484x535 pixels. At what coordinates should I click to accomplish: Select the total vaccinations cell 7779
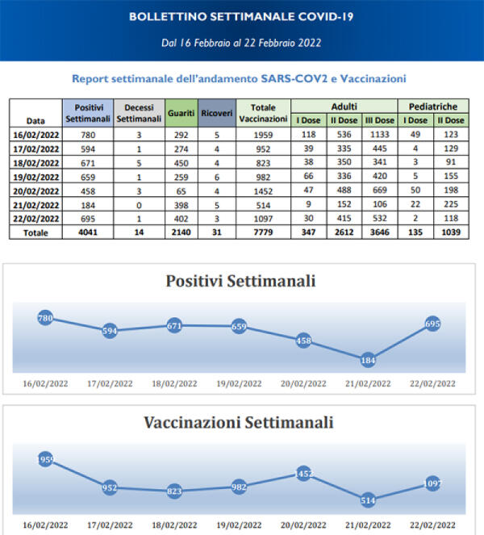click(x=264, y=232)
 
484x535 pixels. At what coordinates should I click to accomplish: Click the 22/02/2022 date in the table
click(x=35, y=218)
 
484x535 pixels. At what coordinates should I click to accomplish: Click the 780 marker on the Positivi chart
click(x=46, y=319)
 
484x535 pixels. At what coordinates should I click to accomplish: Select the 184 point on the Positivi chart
click(x=368, y=360)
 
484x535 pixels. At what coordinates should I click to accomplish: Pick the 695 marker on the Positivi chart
click(x=432, y=324)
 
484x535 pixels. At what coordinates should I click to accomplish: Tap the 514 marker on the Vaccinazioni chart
click(x=368, y=499)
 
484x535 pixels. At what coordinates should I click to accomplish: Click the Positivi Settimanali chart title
click(x=240, y=282)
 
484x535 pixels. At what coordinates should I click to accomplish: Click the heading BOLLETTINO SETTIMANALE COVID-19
click(x=240, y=15)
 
